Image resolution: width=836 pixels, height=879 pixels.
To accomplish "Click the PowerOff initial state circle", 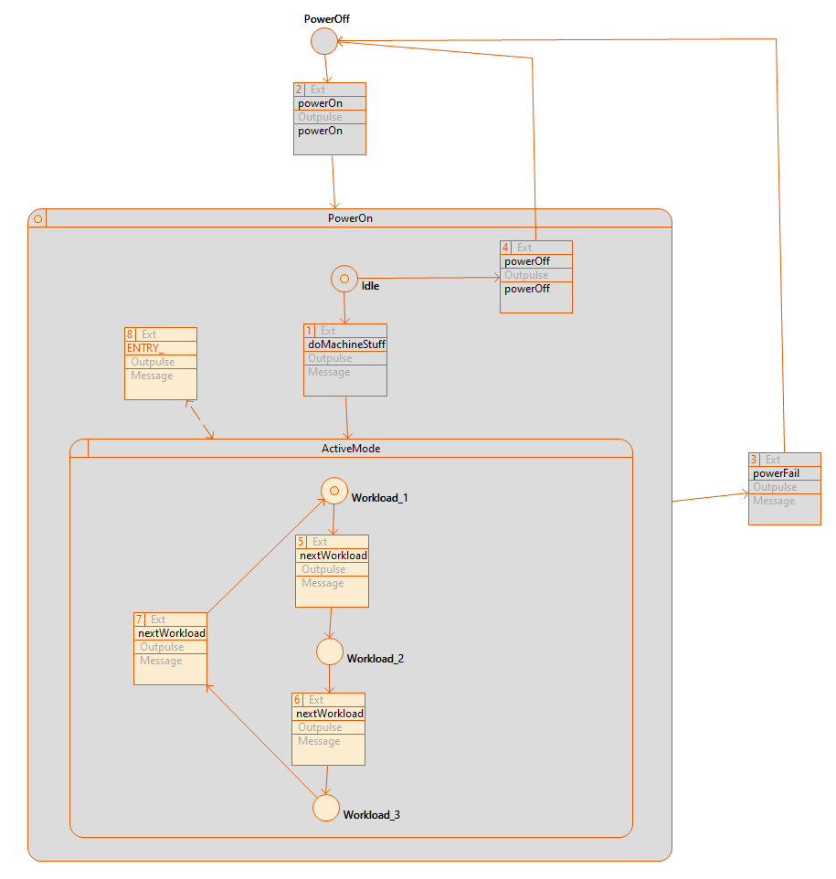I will point(324,41).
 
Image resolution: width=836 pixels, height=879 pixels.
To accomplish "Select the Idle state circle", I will point(344,279).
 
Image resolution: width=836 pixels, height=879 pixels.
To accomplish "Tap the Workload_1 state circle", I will point(333,492).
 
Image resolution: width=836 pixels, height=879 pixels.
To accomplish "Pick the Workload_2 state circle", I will point(330,651).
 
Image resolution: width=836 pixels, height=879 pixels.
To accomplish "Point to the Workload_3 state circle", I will point(326,808).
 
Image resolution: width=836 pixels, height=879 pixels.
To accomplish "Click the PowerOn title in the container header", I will point(350,218).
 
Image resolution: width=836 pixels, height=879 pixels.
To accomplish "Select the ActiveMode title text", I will point(352,449).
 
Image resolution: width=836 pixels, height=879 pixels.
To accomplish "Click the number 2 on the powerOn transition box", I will point(299,90).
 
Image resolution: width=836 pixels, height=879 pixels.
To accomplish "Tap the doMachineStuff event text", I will point(345,344).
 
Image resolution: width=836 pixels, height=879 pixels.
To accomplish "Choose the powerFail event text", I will point(776,473).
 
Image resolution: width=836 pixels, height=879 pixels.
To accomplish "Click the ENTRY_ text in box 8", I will point(145,348).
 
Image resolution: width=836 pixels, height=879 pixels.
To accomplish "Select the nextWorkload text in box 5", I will point(333,556).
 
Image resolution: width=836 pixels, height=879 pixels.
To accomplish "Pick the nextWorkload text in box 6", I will point(329,714).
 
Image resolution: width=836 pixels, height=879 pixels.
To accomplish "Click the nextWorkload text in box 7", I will point(171,633).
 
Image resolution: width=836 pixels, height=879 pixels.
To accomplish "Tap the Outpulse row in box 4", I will point(526,275).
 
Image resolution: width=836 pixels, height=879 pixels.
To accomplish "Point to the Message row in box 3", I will point(774,501).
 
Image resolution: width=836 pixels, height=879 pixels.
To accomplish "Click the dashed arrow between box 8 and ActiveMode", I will point(200,420).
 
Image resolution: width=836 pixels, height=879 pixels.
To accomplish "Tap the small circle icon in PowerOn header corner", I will point(37,218).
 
